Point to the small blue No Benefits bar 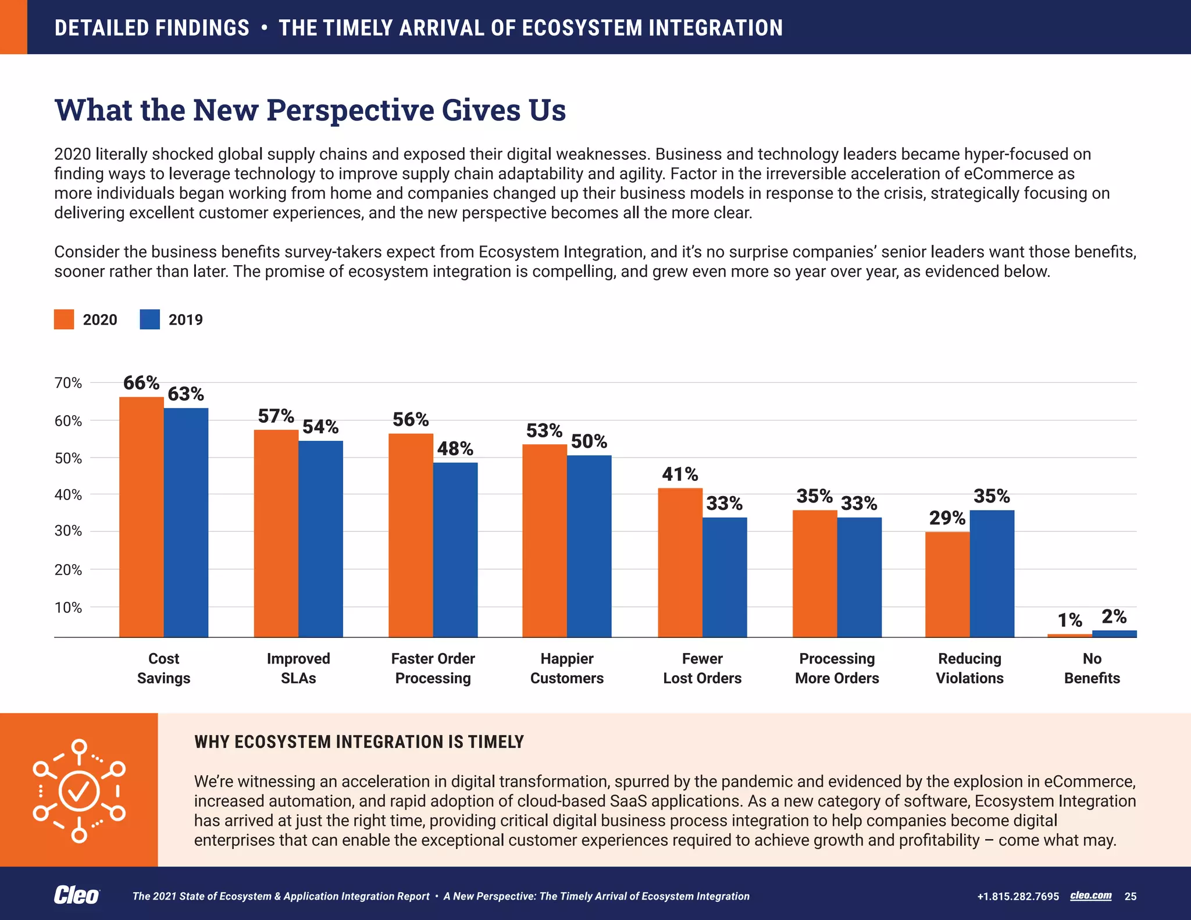click(1114, 634)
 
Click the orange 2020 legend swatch click(64, 319)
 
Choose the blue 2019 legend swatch click(149, 319)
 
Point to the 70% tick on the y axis click(68, 383)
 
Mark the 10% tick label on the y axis click(68, 608)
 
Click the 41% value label click(680, 475)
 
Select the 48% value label click(455, 448)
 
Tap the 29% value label click(947, 518)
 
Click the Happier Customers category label click(567, 668)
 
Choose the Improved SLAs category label click(298, 668)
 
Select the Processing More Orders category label click(837, 668)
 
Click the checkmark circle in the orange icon click(80, 791)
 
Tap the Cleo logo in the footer click(76, 896)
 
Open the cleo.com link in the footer click(1090, 896)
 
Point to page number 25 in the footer click(1131, 896)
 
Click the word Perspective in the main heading click(350, 110)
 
